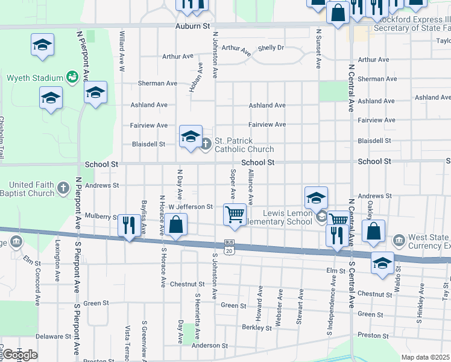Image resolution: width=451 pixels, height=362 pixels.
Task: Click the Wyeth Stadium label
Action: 35,78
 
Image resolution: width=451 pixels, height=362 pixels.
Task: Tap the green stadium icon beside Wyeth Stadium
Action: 72,77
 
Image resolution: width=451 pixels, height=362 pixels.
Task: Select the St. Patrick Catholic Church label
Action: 244,145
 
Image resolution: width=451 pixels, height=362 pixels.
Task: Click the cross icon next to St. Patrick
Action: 206,144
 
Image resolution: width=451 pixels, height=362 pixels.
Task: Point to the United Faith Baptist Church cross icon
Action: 63,189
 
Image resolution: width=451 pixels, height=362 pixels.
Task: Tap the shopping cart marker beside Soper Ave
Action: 235,214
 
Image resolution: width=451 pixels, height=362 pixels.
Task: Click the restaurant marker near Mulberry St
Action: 130,226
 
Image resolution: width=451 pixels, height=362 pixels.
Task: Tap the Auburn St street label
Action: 192,27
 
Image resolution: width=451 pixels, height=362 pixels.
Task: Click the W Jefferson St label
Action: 191,207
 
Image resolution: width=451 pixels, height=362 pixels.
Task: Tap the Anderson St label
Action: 210,346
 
